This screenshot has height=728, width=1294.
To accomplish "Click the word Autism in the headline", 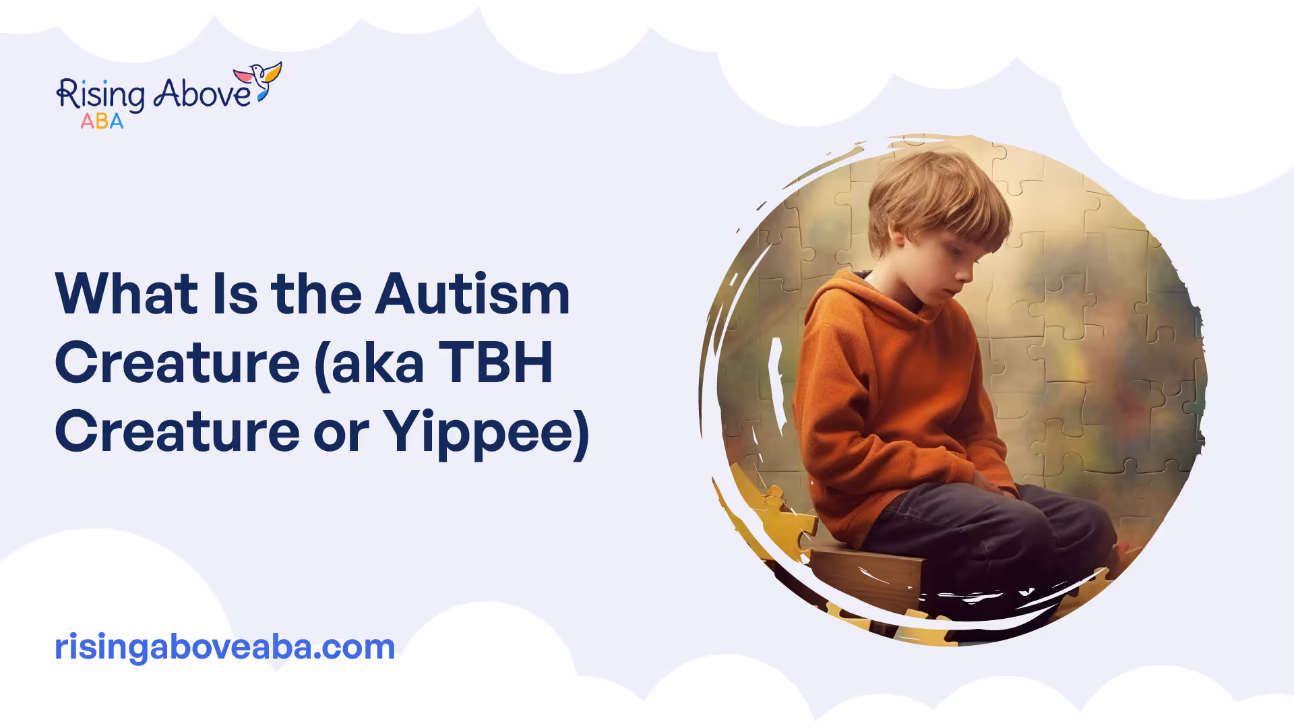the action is click(x=472, y=294).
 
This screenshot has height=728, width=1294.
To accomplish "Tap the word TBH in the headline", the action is click(x=495, y=363).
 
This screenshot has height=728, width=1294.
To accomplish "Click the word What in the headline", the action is click(x=127, y=294).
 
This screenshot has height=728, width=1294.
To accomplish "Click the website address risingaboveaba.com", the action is click(x=224, y=646).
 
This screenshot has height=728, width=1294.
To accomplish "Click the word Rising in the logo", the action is click(x=100, y=95).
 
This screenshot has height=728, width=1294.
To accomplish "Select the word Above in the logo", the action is click(x=202, y=93).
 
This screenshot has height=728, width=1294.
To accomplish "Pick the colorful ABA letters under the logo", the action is click(x=102, y=121).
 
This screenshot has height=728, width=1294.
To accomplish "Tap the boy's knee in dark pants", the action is click(x=1078, y=526).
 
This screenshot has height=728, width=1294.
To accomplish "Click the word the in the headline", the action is click(x=316, y=294).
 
